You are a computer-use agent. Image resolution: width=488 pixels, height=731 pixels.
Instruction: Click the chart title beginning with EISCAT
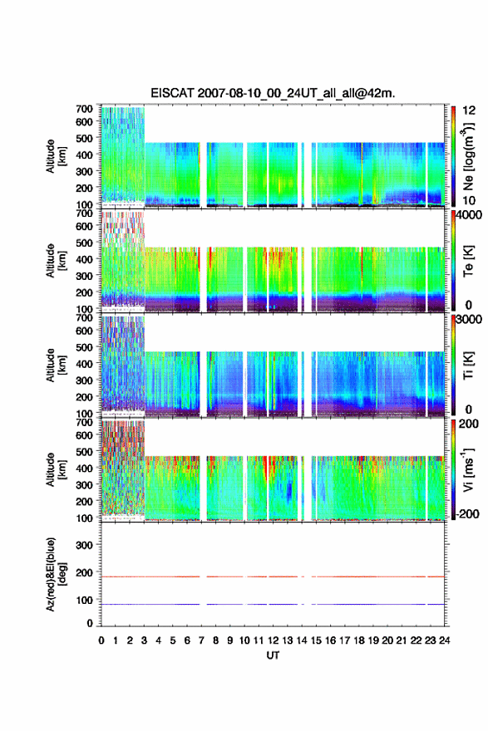(273, 93)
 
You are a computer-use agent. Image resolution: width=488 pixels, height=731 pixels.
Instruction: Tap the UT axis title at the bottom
(273, 655)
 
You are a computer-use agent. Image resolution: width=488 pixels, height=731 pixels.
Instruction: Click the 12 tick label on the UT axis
(273, 640)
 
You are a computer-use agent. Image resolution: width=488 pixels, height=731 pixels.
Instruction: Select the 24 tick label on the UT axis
(444, 640)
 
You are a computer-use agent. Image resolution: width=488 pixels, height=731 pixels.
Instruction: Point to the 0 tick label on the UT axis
(101, 640)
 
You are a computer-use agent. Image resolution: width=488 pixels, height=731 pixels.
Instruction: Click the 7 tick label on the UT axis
(201, 640)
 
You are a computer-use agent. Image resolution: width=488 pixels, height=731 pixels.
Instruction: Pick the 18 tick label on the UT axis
(359, 640)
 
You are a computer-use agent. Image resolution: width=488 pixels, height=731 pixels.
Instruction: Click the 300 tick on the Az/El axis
(84, 545)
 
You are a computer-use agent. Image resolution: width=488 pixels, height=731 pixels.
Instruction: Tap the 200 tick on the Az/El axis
(84, 572)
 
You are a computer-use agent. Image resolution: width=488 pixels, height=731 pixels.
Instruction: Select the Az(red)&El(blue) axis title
(55, 574)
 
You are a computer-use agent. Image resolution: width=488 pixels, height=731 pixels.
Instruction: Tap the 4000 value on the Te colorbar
(470, 216)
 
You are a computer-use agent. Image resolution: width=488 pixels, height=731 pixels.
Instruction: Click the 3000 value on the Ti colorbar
(470, 320)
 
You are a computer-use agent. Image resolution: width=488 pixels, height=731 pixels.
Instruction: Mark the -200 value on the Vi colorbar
(466, 513)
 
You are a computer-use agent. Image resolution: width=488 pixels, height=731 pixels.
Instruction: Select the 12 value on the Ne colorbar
(470, 110)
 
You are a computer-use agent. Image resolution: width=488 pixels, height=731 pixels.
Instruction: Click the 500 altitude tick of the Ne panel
(84, 138)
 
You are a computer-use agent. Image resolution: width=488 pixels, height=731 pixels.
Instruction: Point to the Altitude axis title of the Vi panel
(56, 469)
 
